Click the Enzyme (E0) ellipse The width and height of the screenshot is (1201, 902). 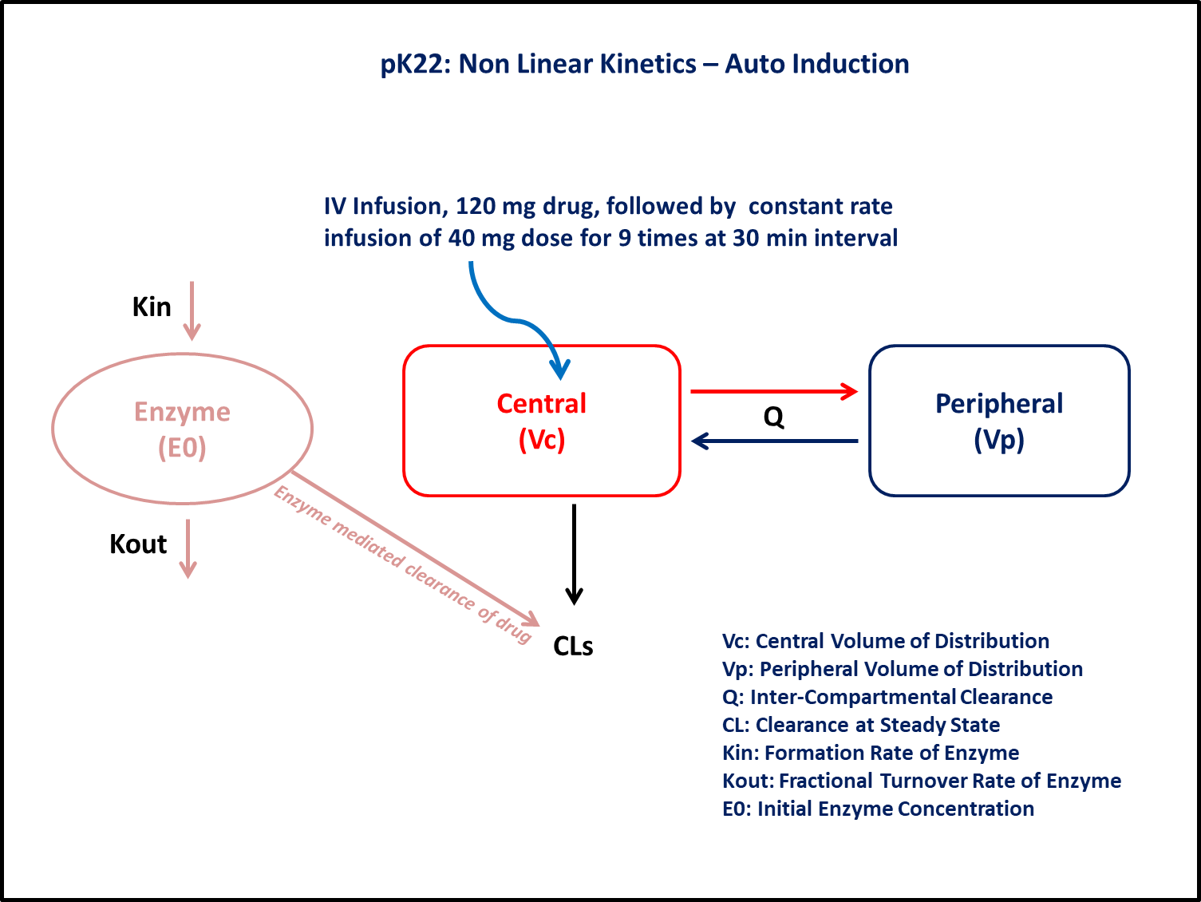[182, 429]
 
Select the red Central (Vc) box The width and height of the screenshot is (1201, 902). [541, 421]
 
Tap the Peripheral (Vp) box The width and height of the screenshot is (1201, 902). [998, 421]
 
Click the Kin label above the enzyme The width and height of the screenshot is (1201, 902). [152, 307]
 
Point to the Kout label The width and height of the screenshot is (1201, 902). [138, 544]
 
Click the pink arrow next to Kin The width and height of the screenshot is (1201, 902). [192, 311]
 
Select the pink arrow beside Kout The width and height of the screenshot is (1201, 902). [188, 548]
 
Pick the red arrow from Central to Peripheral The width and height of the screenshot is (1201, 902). [773, 391]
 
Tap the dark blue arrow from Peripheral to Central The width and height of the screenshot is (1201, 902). [773, 441]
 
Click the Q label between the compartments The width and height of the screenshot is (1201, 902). [773, 417]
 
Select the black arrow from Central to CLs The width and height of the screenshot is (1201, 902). [574, 554]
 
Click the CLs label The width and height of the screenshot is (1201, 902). [573, 647]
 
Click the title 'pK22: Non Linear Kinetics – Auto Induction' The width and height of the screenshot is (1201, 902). [644, 64]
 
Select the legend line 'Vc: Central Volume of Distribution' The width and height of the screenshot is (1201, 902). [885, 641]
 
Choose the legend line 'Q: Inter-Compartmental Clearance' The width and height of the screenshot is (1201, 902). [887, 697]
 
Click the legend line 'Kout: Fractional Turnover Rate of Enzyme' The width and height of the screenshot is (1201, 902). [921, 781]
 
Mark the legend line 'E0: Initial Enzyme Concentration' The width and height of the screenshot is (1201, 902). [878, 809]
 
